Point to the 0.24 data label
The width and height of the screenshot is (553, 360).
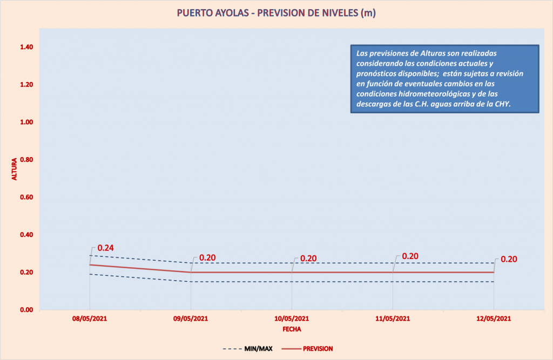[x=105, y=248]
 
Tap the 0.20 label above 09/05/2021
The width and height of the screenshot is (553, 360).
[x=207, y=258]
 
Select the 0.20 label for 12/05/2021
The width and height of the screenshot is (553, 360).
[x=509, y=259]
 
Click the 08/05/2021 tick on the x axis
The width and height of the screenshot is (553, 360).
[x=89, y=318]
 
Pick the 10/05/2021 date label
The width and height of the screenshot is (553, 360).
[x=292, y=318]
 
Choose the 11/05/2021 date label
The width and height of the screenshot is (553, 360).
[x=393, y=318]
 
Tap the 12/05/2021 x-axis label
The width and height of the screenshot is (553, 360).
[x=494, y=318]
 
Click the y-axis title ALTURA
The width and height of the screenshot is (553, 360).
[x=15, y=169]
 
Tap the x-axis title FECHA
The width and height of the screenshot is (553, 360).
[x=292, y=328]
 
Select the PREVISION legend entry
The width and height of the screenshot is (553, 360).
[x=318, y=349]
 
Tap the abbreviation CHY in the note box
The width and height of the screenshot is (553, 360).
[x=502, y=104]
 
